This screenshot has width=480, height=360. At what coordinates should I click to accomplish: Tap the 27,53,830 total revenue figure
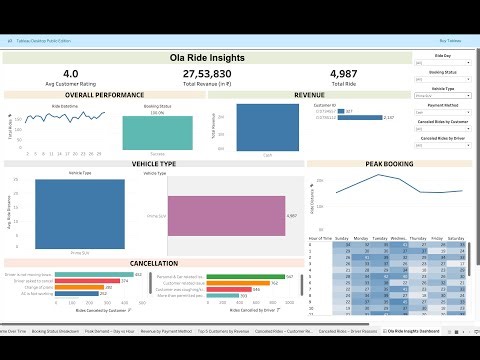[208, 74]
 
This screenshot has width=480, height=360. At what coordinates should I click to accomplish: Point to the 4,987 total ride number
[342, 74]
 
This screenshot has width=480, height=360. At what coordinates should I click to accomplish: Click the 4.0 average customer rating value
[71, 74]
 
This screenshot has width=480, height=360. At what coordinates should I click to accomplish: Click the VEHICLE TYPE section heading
[154, 162]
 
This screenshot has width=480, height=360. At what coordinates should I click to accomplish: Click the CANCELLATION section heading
[154, 263]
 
